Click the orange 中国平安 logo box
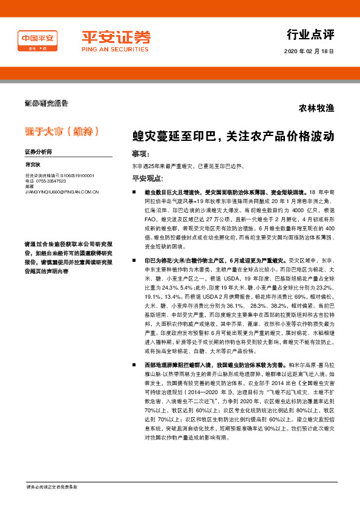click(38, 40)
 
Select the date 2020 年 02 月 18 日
click(309, 51)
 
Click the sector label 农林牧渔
click(316, 109)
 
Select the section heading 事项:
click(141, 154)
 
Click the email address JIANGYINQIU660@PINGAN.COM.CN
click(62, 191)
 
